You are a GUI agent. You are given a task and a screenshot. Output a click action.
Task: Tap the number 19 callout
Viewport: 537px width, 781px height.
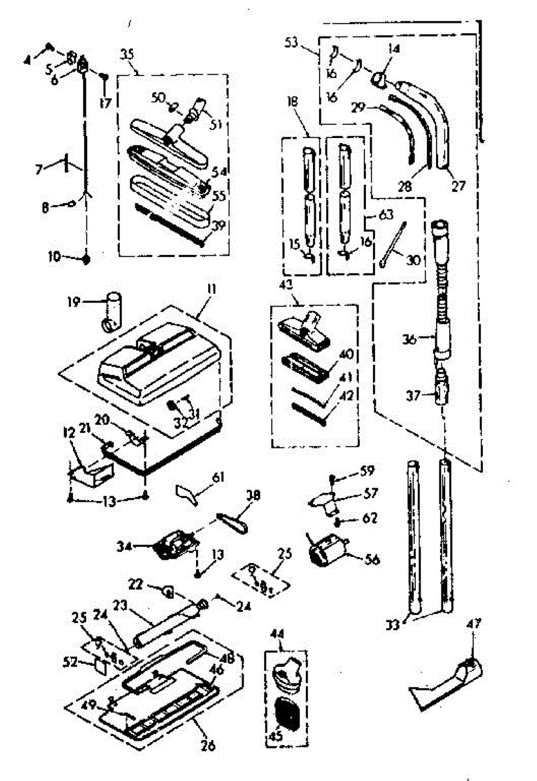73,301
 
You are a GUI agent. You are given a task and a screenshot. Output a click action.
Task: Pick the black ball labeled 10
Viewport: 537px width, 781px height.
85,258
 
